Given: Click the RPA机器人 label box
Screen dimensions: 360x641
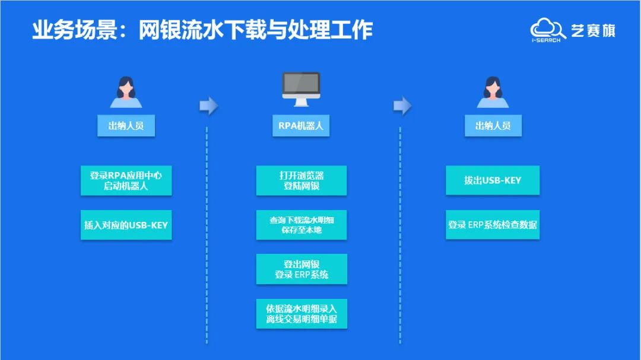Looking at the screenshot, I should [x=301, y=126].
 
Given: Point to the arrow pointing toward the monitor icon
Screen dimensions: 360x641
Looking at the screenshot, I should [x=208, y=106].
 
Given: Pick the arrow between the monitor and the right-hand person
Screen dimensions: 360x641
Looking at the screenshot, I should [x=402, y=106].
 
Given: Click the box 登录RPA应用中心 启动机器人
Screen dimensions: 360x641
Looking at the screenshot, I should [x=126, y=180].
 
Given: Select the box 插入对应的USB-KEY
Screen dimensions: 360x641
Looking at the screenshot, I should [x=126, y=225].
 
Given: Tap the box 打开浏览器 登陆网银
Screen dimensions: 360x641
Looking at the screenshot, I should [x=301, y=180].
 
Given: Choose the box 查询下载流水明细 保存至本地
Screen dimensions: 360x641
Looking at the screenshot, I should [x=301, y=225].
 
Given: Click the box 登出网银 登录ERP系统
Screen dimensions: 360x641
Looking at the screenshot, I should [x=301, y=269].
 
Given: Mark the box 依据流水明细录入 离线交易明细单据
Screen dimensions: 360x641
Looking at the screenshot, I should [x=301, y=314].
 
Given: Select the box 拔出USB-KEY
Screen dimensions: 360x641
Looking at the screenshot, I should [x=493, y=180].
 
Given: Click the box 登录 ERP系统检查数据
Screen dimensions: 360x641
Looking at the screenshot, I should [x=493, y=225].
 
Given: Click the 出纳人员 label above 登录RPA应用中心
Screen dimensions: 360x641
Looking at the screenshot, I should [x=126, y=126].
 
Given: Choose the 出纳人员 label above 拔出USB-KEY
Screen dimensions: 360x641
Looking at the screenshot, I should [x=493, y=126].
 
